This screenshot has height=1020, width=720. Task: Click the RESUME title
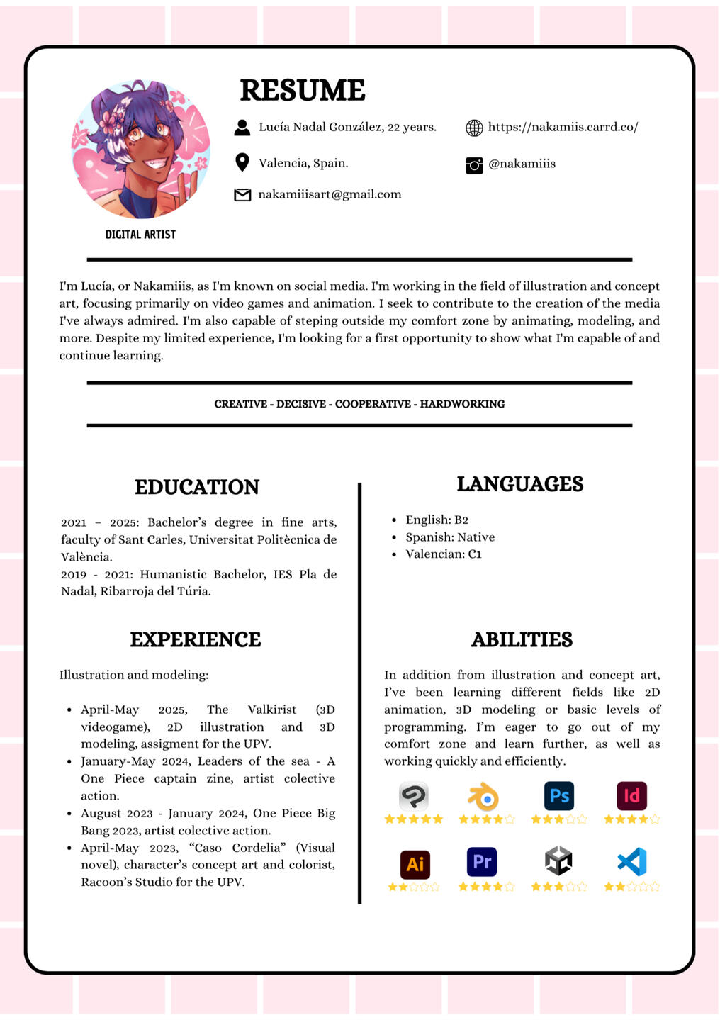pyautogui.click(x=303, y=91)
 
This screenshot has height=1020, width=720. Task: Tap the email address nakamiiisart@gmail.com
pyautogui.click(x=330, y=194)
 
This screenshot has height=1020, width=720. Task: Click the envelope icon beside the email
pyautogui.click(x=242, y=195)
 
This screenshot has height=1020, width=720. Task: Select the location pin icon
pyautogui.click(x=242, y=162)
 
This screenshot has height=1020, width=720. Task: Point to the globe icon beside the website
pyautogui.click(x=474, y=128)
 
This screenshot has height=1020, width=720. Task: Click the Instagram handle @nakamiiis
pyautogui.click(x=522, y=164)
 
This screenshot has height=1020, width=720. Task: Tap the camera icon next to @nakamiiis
pyautogui.click(x=474, y=165)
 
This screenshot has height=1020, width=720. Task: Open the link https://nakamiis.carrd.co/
pyautogui.click(x=563, y=127)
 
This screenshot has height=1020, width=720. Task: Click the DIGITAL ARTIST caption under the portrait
pyautogui.click(x=140, y=235)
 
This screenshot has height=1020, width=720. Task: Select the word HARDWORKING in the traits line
pyautogui.click(x=462, y=404)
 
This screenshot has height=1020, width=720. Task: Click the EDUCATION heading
pyautogui.click(x=197, y=487)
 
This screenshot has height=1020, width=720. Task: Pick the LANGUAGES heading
pyautogui.click(x=519, y=484)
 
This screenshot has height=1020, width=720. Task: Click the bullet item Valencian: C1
pyautogui.click(x=443, y=554)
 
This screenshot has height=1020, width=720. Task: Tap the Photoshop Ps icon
pyautogui.click(x=559, y=795)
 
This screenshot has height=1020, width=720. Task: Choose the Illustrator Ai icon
pyautogui.click(x=415, y=864)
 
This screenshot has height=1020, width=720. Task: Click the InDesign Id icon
pyautogui.click(x=631, y=795)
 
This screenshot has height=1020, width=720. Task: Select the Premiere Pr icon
pyautogui.click(x=482, y=862)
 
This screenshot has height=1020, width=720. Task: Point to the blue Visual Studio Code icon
pyautogui.click(x=631, y=862)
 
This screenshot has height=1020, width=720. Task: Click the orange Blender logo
pyautogui.click(x=484, y=797)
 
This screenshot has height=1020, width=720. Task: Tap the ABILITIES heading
pyautogui.click(x=522, y=639)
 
